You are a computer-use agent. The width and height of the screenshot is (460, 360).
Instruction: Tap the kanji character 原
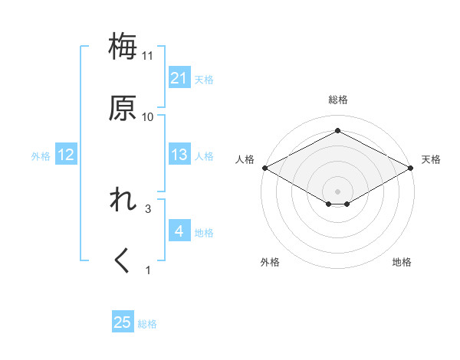click(123, 108)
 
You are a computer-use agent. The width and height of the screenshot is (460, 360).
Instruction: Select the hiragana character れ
click(123, 200)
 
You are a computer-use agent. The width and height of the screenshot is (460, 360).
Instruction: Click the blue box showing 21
click(179, 78)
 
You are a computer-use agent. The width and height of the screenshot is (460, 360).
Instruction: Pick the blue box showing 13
click(179, 155)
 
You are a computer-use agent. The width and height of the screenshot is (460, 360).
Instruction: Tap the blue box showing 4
click(179, 231)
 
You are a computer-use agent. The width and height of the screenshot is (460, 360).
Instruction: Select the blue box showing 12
click(65, 155)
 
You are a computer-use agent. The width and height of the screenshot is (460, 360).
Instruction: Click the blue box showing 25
click(123, 323)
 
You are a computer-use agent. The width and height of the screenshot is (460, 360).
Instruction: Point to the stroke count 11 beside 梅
click(148, 56)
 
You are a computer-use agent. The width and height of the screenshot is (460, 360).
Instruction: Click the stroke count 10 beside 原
click(148, 117)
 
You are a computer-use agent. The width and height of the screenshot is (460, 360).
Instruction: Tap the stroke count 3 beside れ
click(148, 208)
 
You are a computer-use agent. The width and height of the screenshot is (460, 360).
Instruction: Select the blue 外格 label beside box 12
click(41, 156)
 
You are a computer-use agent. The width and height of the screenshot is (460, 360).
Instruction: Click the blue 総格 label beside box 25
click(147, 324)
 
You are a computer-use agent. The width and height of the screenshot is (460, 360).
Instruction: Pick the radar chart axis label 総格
click(337, 100)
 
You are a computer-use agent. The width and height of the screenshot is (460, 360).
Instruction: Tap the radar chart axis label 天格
click(431, 160)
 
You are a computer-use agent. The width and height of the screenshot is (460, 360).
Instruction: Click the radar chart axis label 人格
click(245, 160)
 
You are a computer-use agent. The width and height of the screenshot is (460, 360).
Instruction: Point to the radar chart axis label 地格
click(402, 263)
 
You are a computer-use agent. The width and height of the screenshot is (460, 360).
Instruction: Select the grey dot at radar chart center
click(337, 191)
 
